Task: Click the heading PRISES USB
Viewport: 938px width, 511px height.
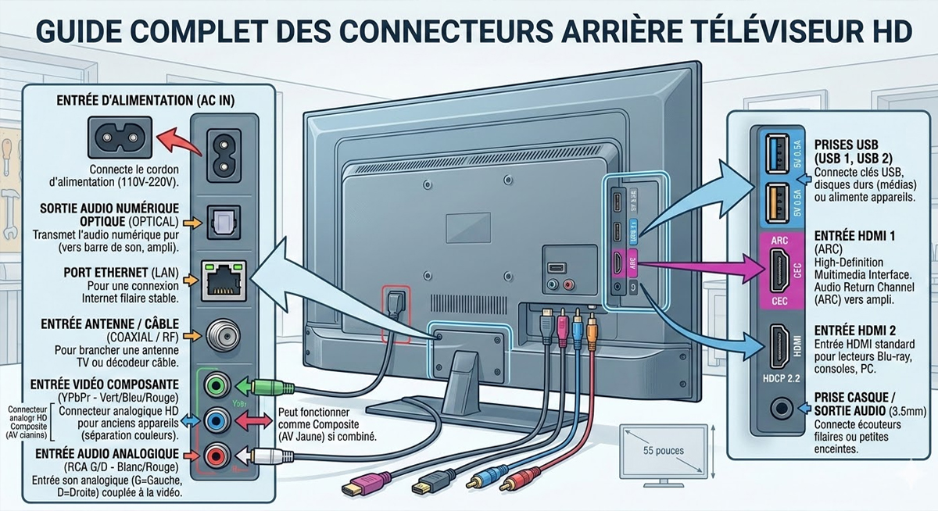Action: click(846, 145)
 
